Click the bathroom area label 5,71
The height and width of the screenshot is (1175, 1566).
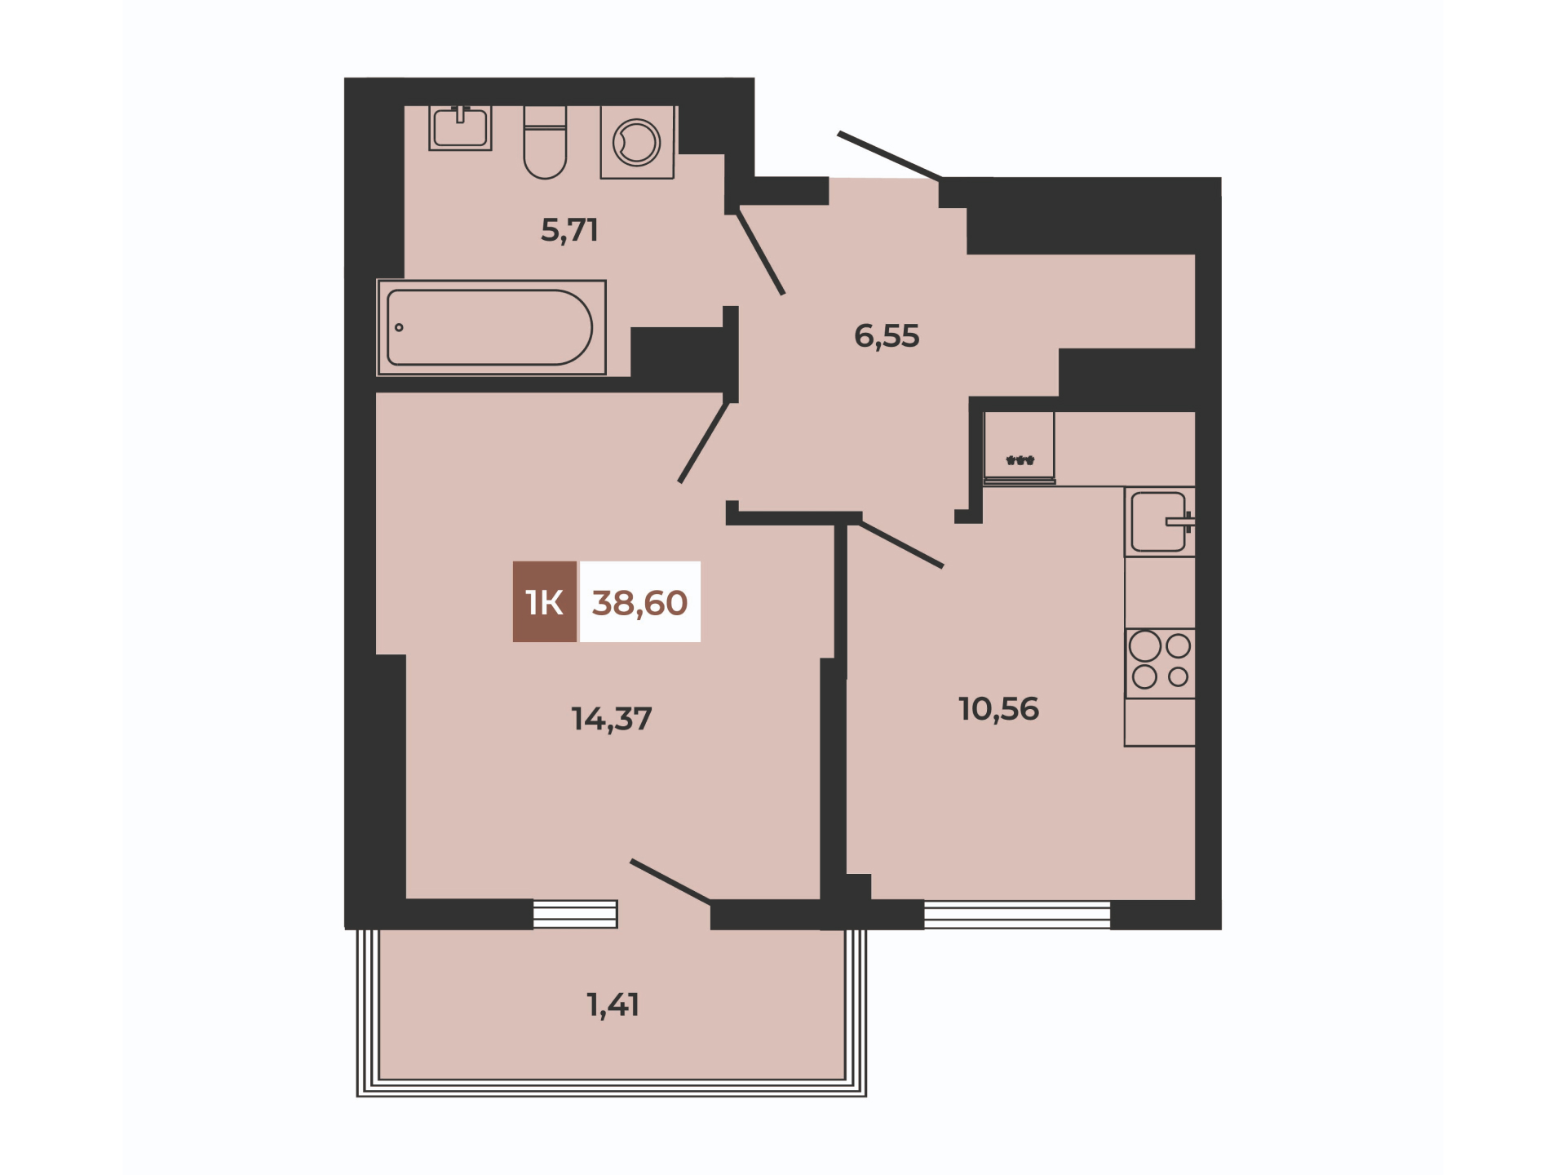click(569, 230)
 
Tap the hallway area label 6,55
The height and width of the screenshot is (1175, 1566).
click(887, 335)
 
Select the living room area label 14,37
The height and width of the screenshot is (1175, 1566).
click(612, 719)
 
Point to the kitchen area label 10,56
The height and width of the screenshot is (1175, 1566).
click(998, 709)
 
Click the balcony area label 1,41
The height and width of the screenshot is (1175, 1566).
click(613, 1004)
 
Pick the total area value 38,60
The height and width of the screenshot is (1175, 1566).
click(639, 602)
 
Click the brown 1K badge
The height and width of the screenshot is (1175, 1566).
click(545, 602)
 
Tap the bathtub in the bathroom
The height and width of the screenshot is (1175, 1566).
click(491, 328)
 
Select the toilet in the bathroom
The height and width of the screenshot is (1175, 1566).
click(545, 142)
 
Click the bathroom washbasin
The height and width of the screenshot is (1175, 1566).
click(460, 128)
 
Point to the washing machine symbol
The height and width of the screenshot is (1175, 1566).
click(637, 142)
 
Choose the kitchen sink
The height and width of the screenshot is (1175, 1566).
click(1160, 522)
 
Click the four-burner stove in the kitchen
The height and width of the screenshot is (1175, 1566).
click(1160, 663)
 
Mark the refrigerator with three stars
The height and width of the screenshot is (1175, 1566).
click(1020, 448)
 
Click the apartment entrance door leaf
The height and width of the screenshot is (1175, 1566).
click(890, 155)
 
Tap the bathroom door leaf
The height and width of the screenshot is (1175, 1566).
click(761, 252)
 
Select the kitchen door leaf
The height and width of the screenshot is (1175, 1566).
click(901, 544)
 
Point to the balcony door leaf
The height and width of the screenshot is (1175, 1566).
click(670, 882)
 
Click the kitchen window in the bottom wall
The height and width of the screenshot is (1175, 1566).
click(1017, 915)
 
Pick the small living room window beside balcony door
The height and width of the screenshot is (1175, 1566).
click(575, 914)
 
